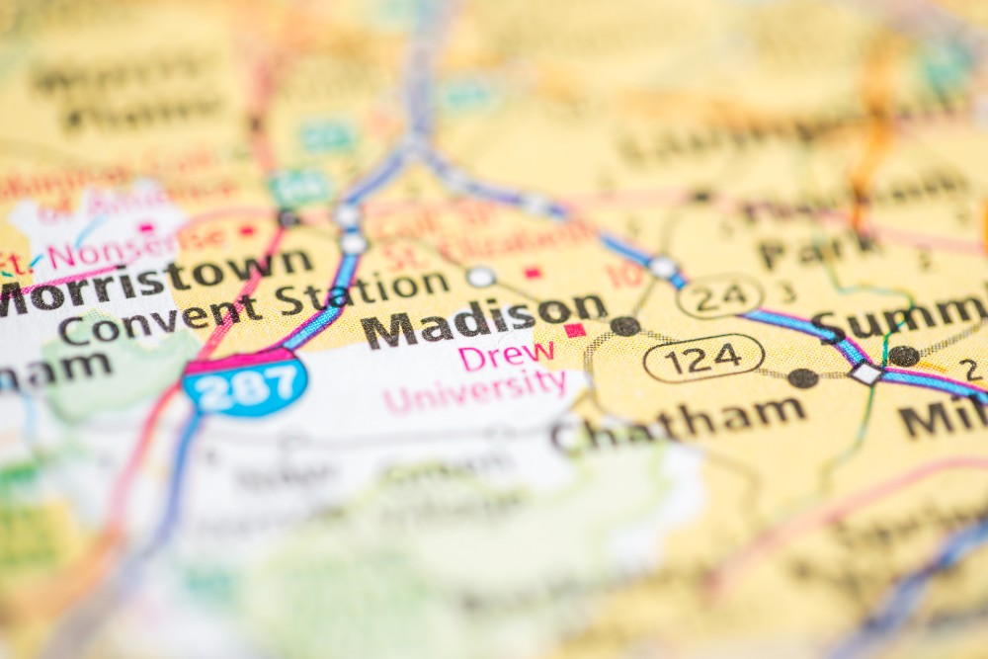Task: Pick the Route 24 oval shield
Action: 720,294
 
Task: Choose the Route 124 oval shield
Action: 703,358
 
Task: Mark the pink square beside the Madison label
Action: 574,329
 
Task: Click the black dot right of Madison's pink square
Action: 624,325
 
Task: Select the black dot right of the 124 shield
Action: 802,377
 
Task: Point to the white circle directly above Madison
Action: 481,277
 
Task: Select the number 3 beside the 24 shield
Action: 786,292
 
